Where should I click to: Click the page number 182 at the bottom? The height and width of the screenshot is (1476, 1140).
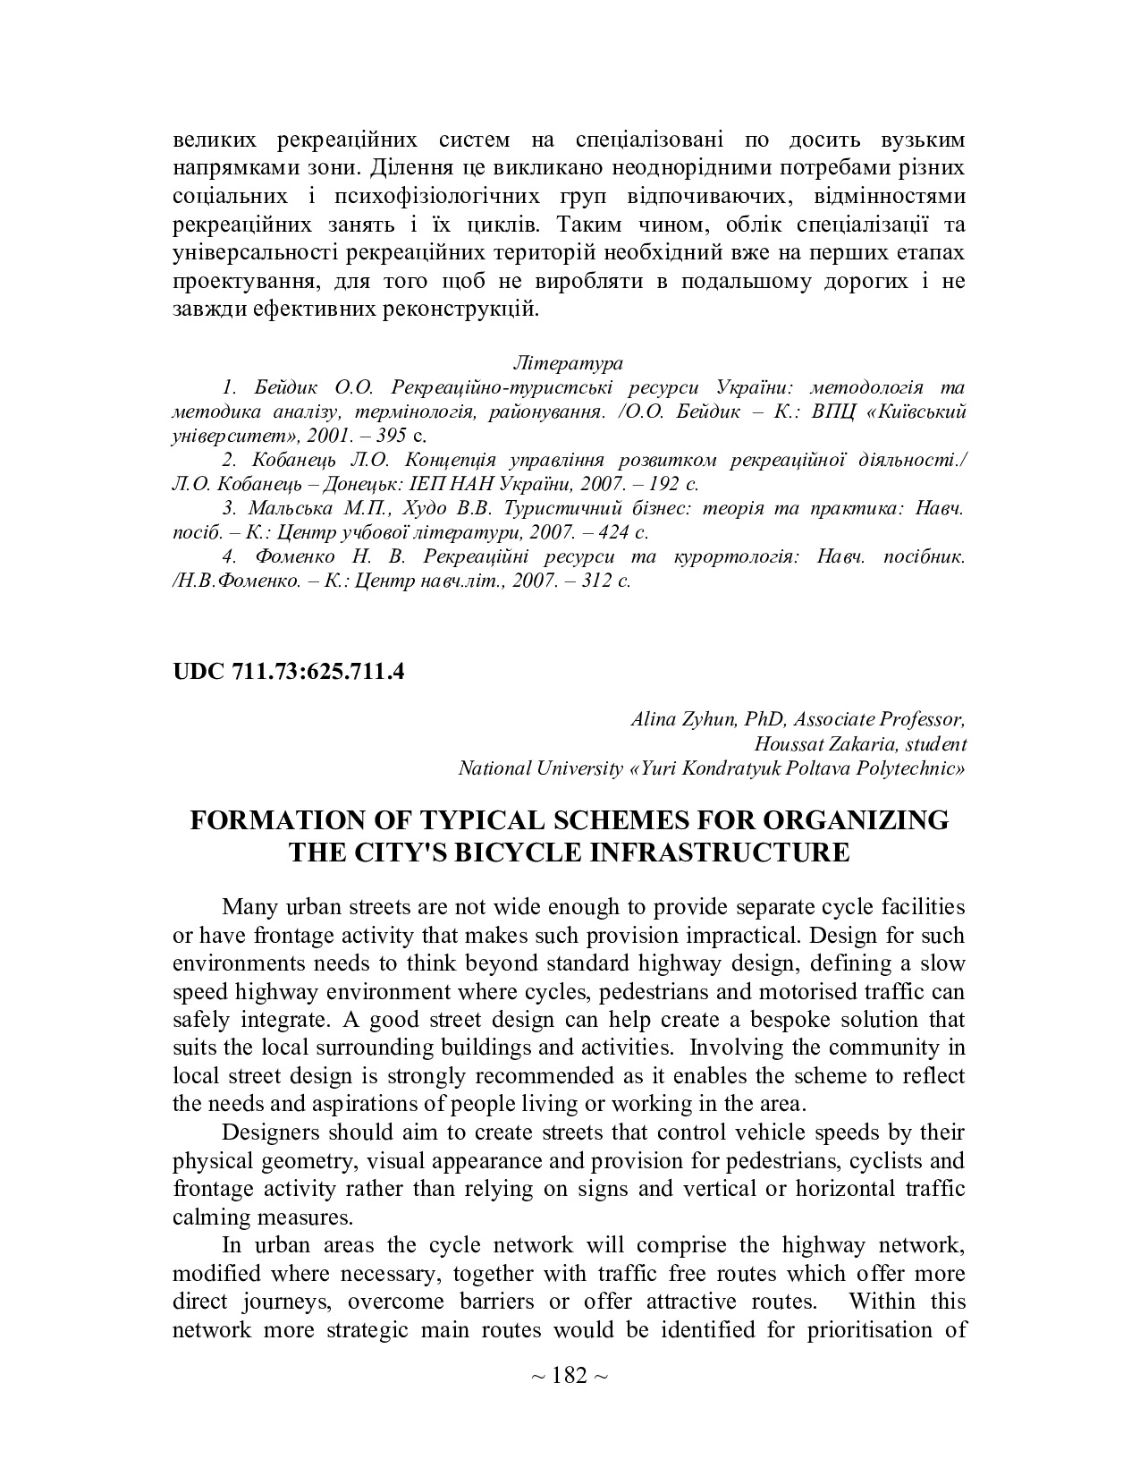click(570, 1375)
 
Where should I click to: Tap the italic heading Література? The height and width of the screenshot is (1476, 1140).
click(569, 363)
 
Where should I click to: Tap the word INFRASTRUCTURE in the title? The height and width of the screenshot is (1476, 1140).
click(723, 852)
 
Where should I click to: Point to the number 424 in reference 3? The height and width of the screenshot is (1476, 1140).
click(612, 532)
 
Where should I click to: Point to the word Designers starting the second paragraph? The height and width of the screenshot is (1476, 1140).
click(270, 1132)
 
